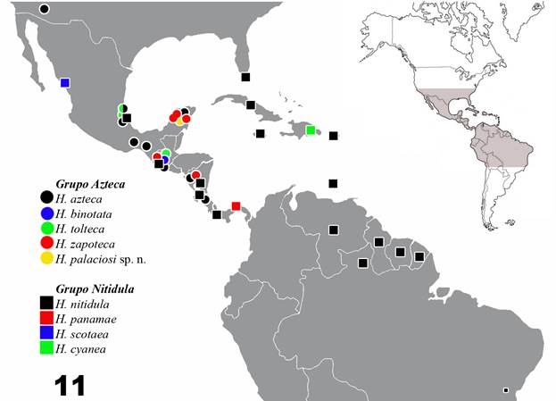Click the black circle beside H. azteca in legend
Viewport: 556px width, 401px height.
[46, 197]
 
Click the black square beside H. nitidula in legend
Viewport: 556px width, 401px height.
[46, 304]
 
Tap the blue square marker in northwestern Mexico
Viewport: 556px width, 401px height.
[65, 83]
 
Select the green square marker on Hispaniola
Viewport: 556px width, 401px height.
[311, 130]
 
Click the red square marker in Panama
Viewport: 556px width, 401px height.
[236, 206]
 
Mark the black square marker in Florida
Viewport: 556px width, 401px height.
[245, 78]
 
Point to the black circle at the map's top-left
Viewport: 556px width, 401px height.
[45, 9]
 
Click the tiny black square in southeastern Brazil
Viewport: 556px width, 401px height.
[505, 390]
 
